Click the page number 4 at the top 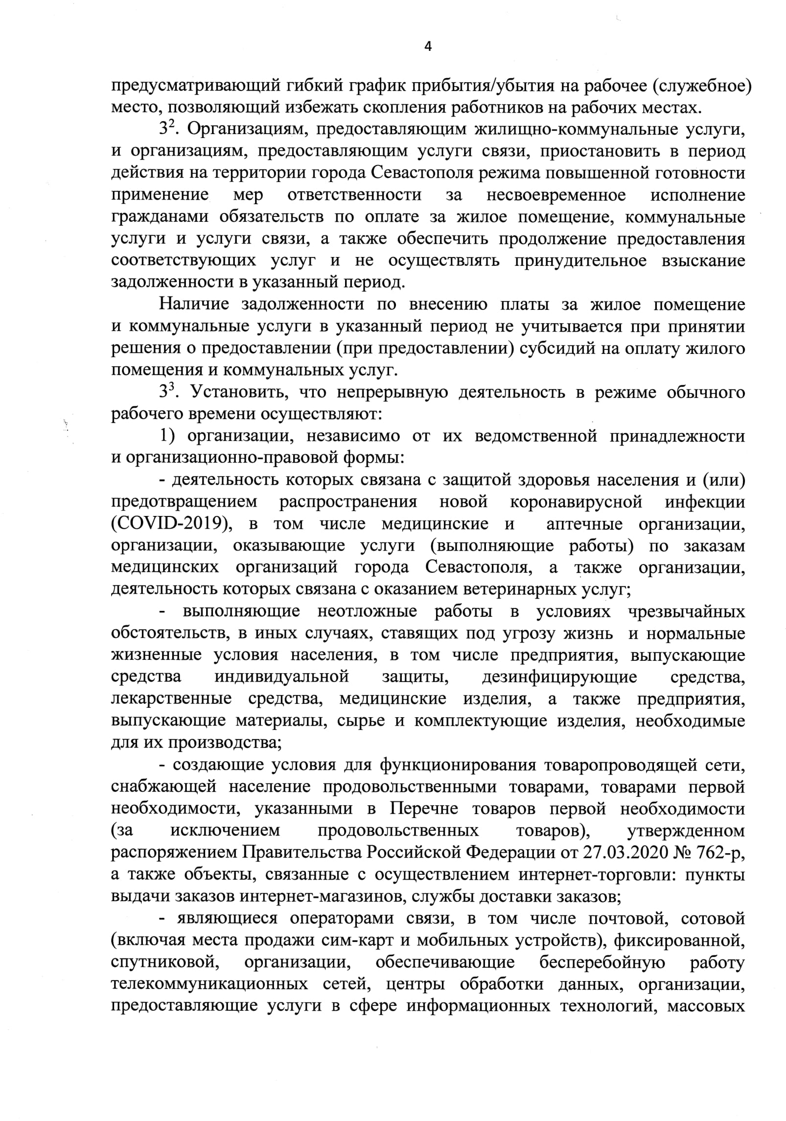[x=428, y=47]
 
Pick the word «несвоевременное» [x=556, y=195]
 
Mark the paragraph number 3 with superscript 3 [x=166, y=392]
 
